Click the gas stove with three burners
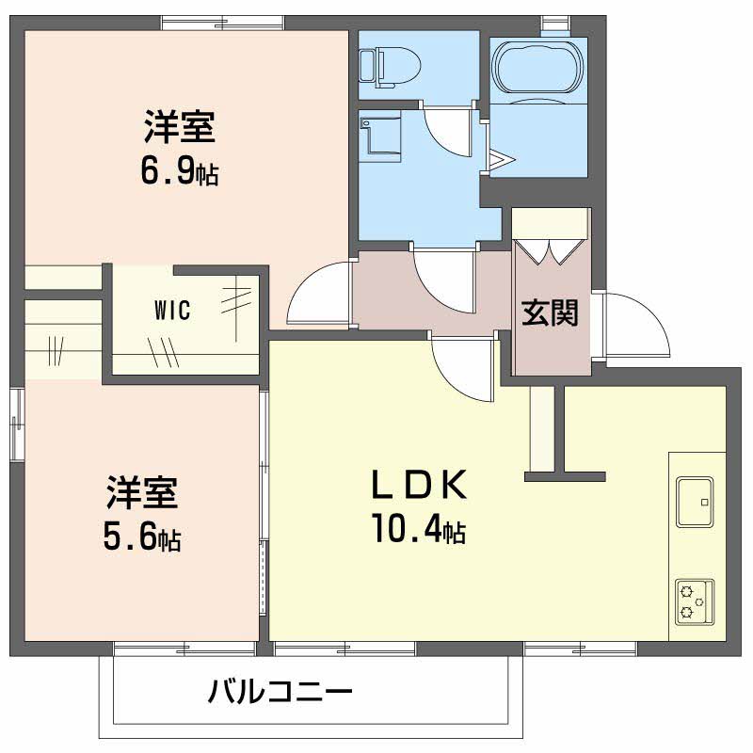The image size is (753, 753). pyautogui.click(x=695, y=601)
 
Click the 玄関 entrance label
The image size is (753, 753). pyautogui.click(x=551, y=312)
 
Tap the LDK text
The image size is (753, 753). pyautogui.click(x=415, y=485)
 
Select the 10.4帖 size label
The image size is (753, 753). pyautogui.click(x=418, y=533)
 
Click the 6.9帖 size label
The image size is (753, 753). pyautogui.click(x=180, y=171)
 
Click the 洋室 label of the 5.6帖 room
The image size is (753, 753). pyautogui.click(x=142, y=493)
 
